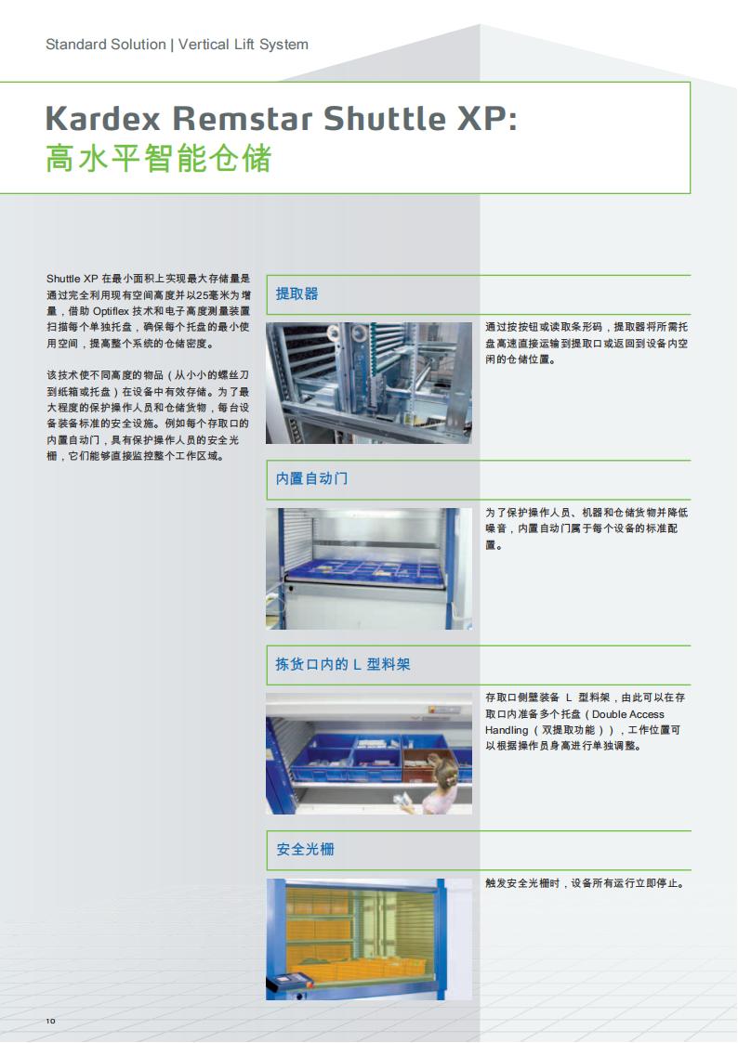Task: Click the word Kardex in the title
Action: (103, 118)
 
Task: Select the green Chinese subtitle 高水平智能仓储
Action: (158, 159)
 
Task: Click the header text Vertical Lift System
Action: (244, 45)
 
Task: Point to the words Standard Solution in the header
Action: (106, 45)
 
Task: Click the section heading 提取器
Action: (297, 294)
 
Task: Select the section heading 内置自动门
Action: (311, 479)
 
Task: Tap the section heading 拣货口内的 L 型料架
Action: (343, 664)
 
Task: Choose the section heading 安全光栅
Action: (305, 850)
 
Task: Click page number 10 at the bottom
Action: (50, 1021)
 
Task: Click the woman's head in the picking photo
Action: (444, 771)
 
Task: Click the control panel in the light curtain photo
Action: (290, 984)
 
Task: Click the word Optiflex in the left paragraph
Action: (111, 311)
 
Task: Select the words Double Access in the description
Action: (628, 714)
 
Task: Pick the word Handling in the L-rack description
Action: (507, 730)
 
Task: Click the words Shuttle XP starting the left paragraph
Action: (72, 279)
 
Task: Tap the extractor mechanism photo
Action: (369, 384)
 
